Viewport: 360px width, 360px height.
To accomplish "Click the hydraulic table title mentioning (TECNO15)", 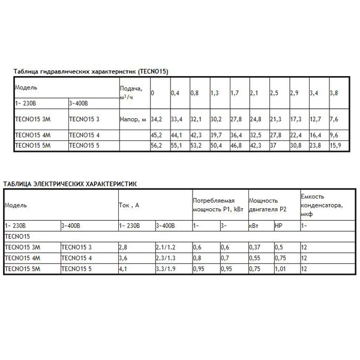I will point(91,71).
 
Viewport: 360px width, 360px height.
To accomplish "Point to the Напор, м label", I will point(133,120).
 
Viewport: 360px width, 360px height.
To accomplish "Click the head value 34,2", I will point(157,120).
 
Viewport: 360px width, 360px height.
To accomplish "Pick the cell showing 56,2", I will point(157,145).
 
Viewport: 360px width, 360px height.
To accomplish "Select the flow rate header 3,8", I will point(334,93).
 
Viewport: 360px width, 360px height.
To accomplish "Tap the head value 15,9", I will point(335,145).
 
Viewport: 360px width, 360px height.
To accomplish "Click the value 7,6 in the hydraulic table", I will point(334,120).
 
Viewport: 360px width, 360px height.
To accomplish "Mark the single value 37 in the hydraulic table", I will point(274,145).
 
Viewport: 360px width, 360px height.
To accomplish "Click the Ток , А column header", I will point(129,205).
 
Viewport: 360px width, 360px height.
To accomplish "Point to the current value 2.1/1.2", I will point(166,247).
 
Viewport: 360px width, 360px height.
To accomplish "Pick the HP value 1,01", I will point(280,268).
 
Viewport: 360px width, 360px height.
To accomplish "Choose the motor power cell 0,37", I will point(255,247).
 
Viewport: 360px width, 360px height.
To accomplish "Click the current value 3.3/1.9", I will point(166,268).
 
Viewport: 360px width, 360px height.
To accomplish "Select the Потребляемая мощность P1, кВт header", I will point(217,205).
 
